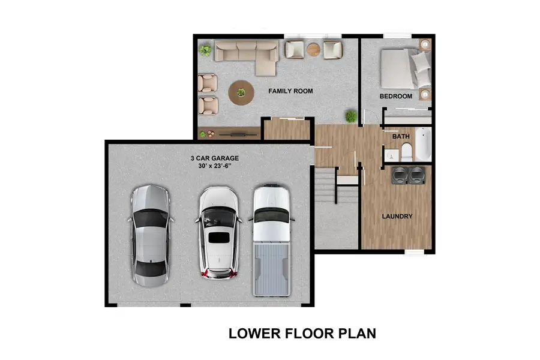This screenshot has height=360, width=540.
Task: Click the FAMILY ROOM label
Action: click(x=290, y=91)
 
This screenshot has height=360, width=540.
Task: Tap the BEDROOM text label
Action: click(x=395, y=96)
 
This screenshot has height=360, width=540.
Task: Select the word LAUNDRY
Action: click(x=397, y=216)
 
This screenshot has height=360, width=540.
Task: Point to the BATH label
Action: click(x=401, y=137)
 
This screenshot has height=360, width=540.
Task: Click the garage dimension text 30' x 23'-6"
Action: click(x=215, y=167)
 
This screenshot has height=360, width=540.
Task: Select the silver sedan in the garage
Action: click(x=150, y=236)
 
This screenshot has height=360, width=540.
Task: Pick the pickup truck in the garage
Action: click(x=271, y=239)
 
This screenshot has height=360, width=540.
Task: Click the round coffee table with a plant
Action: click(x=241, y=93)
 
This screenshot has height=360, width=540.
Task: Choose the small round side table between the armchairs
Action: click(x=313, y=49)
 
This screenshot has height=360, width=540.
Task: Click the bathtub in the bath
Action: click(x=422, y=144)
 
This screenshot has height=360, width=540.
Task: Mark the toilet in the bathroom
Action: click(x=406, y=151)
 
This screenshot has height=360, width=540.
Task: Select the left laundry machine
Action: click(x=399, y=175)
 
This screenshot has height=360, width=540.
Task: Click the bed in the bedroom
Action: click(x=406, y=68)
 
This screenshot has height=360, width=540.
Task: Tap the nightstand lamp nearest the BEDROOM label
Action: click(x=425, y=94)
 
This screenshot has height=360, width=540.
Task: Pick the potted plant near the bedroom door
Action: click(x=350, y=116)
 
